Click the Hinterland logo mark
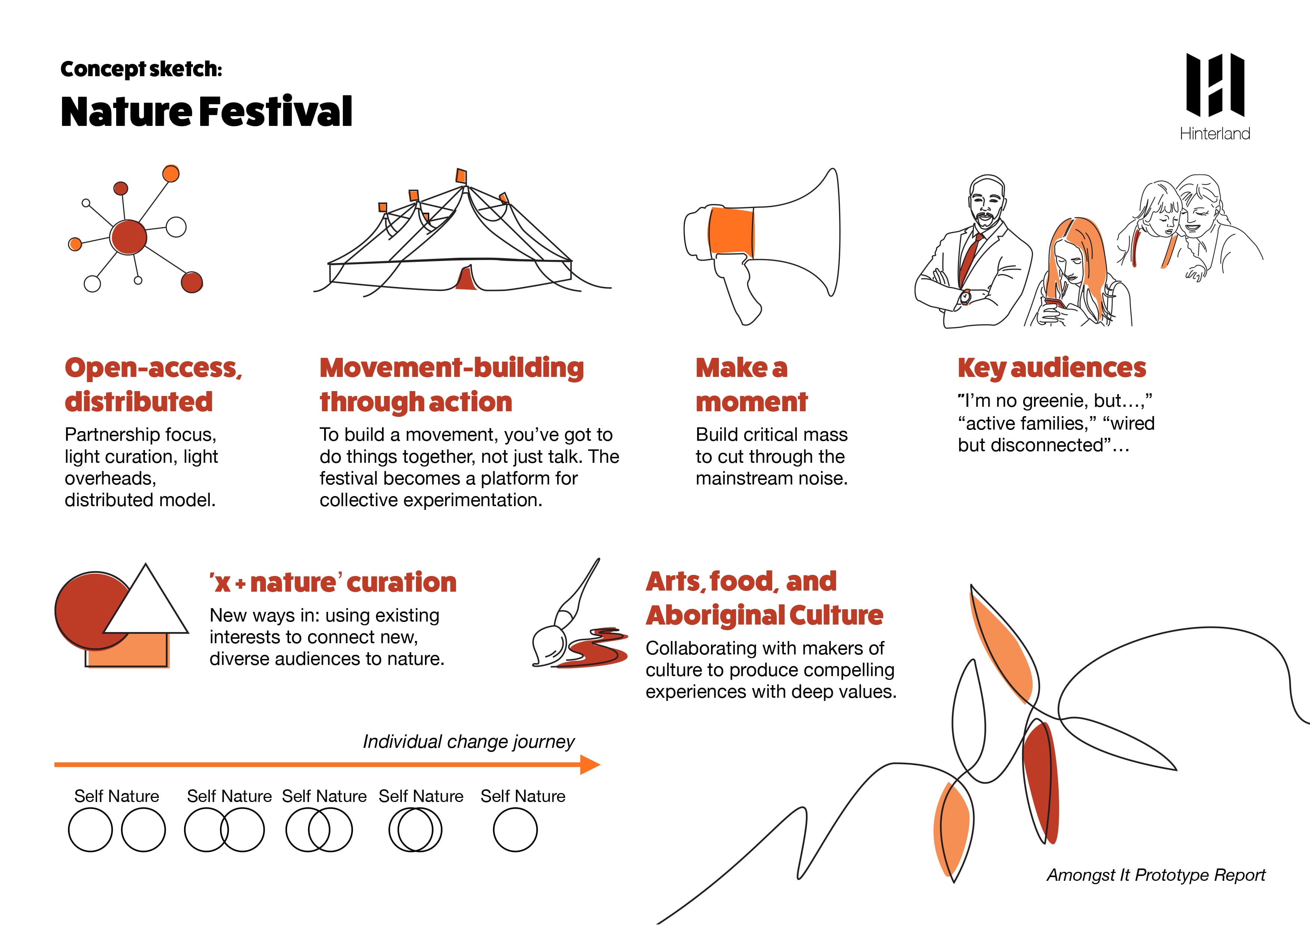pyautogui.click(x=1215, y=85)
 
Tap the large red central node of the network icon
pyautogui.click(x=128, y=237)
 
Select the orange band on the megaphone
pyautogui.click(x=731, y=233)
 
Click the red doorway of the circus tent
pyautogui.click(x=467, y=278)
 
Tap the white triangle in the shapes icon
pyautogui.click(x=146, y=605)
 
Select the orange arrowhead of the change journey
pyautogui.click(x=590, y=765)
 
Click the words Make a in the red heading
pyautogui.click(x=741, y=368)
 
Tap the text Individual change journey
pyautogui.click(x=468, y=742)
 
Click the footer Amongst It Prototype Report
pyautogui.click(x=1156, y=875)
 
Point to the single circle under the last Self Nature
pyautogui.click(x=515, y=830)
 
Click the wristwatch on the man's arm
pyautogui.click(x=965, y=297)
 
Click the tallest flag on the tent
pyautogui.click(x=461, y=176)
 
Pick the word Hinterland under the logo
pyautogui.click(x=1215, y=133)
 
